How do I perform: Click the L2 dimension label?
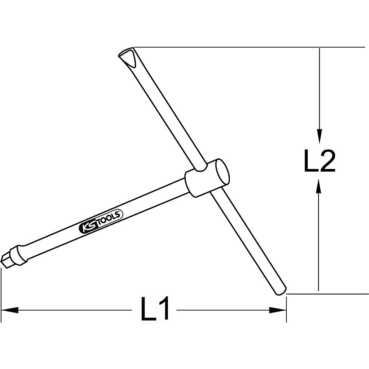320,161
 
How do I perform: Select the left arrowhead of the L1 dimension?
9,310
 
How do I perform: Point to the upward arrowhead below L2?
320,186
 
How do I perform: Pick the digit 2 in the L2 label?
327,161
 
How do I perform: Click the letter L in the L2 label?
310,161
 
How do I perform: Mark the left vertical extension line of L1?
1,292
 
